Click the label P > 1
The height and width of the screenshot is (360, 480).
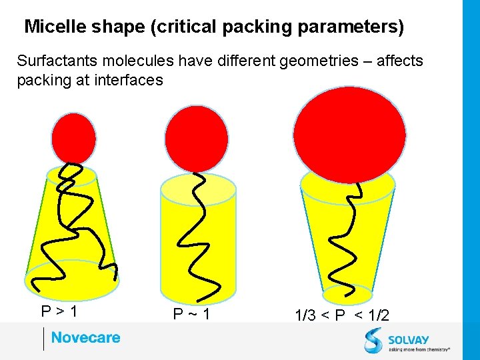click(59, 311)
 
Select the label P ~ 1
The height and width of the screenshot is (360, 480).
click(191, 313)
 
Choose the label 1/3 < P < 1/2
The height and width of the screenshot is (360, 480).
click(341, 315)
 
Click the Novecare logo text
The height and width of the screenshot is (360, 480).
click(85, 337)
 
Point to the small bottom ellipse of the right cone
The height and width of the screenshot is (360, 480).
click(347, 294)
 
